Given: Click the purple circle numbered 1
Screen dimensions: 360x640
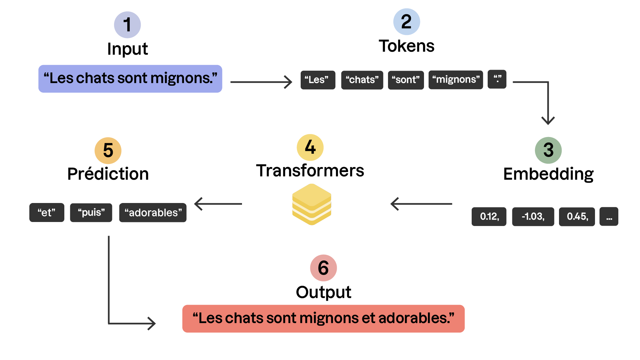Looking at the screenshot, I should (127, 25).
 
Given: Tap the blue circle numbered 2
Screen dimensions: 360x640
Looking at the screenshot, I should (406, 22).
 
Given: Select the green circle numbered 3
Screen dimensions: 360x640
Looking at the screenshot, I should (548, 150).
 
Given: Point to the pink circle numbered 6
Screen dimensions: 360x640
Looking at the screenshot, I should (323, 268).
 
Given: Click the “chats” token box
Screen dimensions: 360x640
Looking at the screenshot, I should (362, 80).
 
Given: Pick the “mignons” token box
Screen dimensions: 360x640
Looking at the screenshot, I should (456, 80).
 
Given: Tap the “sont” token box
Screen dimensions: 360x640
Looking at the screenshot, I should (406, 80).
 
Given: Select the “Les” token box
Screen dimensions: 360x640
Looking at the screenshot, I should (318, 80).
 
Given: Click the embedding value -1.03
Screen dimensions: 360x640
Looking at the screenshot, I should (533, 217).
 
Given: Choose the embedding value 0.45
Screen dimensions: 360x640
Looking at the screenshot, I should (577, 217).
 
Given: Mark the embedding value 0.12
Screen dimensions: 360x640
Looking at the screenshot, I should (489, 217).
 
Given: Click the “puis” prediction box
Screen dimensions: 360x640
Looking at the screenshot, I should (91, 213).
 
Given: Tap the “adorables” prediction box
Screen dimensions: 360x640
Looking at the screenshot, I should (153, 213).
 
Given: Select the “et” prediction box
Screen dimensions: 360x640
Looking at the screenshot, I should (47, 213).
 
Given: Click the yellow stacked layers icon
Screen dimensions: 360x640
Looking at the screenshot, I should (312, 204).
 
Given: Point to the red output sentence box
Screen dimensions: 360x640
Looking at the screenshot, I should (323, 319).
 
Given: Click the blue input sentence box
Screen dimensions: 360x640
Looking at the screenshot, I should (130, 79).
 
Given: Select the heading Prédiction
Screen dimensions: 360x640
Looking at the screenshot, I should (108, 174).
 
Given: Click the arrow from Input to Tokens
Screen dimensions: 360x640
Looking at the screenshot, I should (261, 82).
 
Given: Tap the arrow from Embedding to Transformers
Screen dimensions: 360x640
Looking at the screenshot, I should (421, 204).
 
